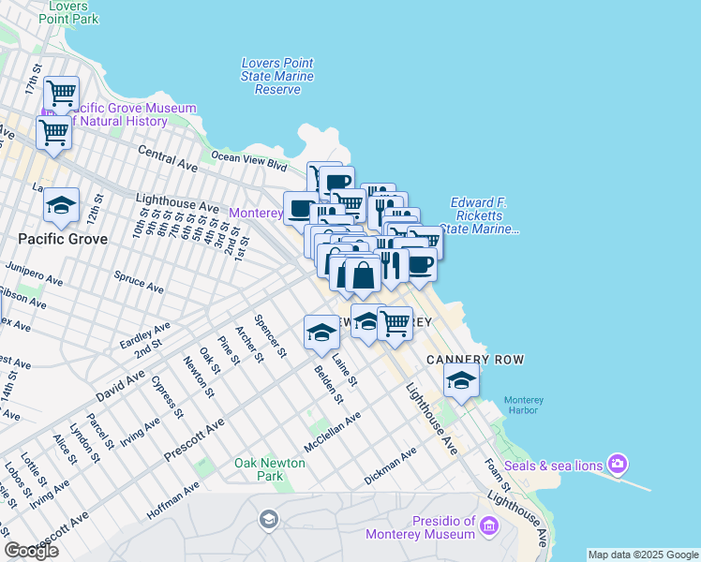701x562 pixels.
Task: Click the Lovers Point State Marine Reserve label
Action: coord(277,76)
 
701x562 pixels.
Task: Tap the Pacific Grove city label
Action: coord(63,239)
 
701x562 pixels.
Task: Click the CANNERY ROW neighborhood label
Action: coord(474,360)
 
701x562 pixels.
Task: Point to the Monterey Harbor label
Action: coord(523,407)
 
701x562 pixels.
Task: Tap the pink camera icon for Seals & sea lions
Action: coord(617,463)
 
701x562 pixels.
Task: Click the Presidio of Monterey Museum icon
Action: coord(488,528)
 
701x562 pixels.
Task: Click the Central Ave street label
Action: coord(168,157)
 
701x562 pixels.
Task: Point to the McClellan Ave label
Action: coord(332,432)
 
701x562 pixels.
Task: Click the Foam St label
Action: coord(496,473)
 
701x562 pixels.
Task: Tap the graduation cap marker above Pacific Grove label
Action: coord(62,207)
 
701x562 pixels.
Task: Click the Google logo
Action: coord(31,550)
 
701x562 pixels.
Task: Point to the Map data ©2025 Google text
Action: coord(643,555)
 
